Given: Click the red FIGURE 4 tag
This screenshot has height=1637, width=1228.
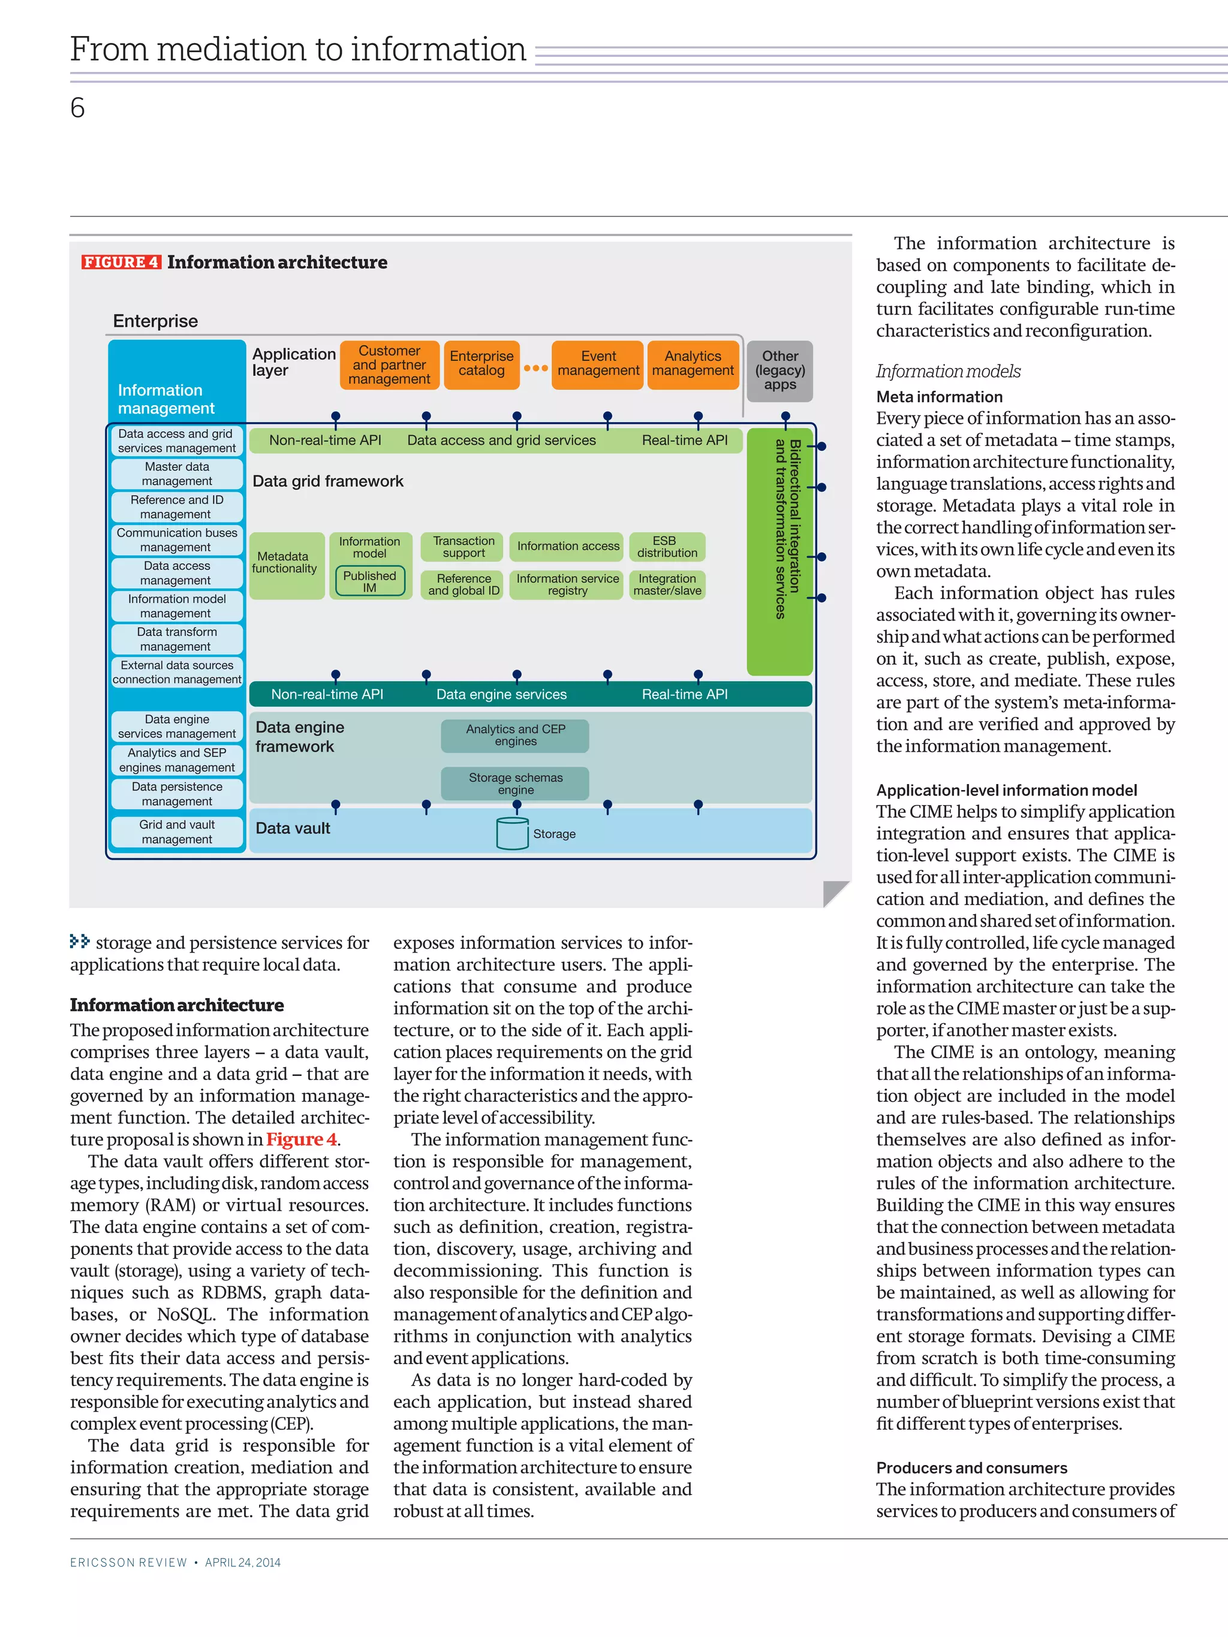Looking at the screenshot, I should click(121, 262).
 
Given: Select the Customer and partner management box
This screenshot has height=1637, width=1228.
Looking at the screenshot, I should click(389, 365).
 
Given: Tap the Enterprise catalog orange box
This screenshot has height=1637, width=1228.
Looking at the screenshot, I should click(481, 364).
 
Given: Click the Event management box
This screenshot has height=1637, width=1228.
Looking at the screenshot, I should click(598, 364).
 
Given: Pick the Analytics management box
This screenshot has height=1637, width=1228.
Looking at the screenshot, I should click(693, 364).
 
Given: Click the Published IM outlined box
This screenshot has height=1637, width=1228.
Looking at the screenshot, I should click(369, 581).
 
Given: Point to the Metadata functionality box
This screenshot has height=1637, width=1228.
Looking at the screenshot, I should click(286, 564).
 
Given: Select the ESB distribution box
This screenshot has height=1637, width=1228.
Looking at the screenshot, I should click(666, 547).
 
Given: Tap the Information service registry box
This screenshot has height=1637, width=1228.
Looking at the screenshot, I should click(567, 584).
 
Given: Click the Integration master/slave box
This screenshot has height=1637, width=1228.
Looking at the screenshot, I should click(666, 584).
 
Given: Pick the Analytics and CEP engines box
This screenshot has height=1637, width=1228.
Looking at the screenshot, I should click(515, 735).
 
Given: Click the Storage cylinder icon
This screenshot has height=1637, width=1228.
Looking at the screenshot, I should click(512, 834).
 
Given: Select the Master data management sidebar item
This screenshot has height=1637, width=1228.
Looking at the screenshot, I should click(177, 474).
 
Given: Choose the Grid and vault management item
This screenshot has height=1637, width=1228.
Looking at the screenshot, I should click(177, 832).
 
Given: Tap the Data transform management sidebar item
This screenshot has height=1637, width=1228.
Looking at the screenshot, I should click(177, 638).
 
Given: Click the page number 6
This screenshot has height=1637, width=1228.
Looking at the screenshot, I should click(78, 108).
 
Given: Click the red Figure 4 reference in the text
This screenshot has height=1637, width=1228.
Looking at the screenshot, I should click(301, 1139).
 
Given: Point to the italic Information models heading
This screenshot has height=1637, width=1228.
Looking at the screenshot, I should click(948, 372).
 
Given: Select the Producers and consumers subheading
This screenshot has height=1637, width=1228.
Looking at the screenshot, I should click(971, 1467).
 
